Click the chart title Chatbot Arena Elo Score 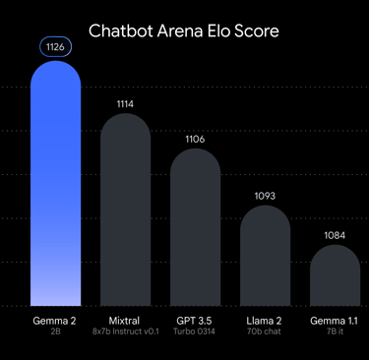pyautogui.click(x=184, y=30)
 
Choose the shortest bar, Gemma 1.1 pyautogui.click(x=335, y=275)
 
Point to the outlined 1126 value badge pyautogui.click(x=56, y=47)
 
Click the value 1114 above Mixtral pyautogui.click(x=125, y=102)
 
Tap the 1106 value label pyautogui.click(x=195, y=139)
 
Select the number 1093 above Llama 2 pyautogui.click(x=265, y=196)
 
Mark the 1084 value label pyautogui.click(x=335, y=235)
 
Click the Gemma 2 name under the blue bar pyautogui.click(x=56, y=321)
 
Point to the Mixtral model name pyautogui.click(x=125, y=321)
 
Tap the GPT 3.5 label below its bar pyautogui.click(x=195, y=321)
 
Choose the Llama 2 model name pyautogui.click(x=265, y=321)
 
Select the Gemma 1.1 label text pyautogui.click(x=335, y=321)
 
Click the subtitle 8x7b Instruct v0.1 pyautogui.click(x=125, y=332)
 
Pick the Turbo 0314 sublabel pyautogui.click(x=195, y=332)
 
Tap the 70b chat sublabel pyautogui.click(x=265, y=332)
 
